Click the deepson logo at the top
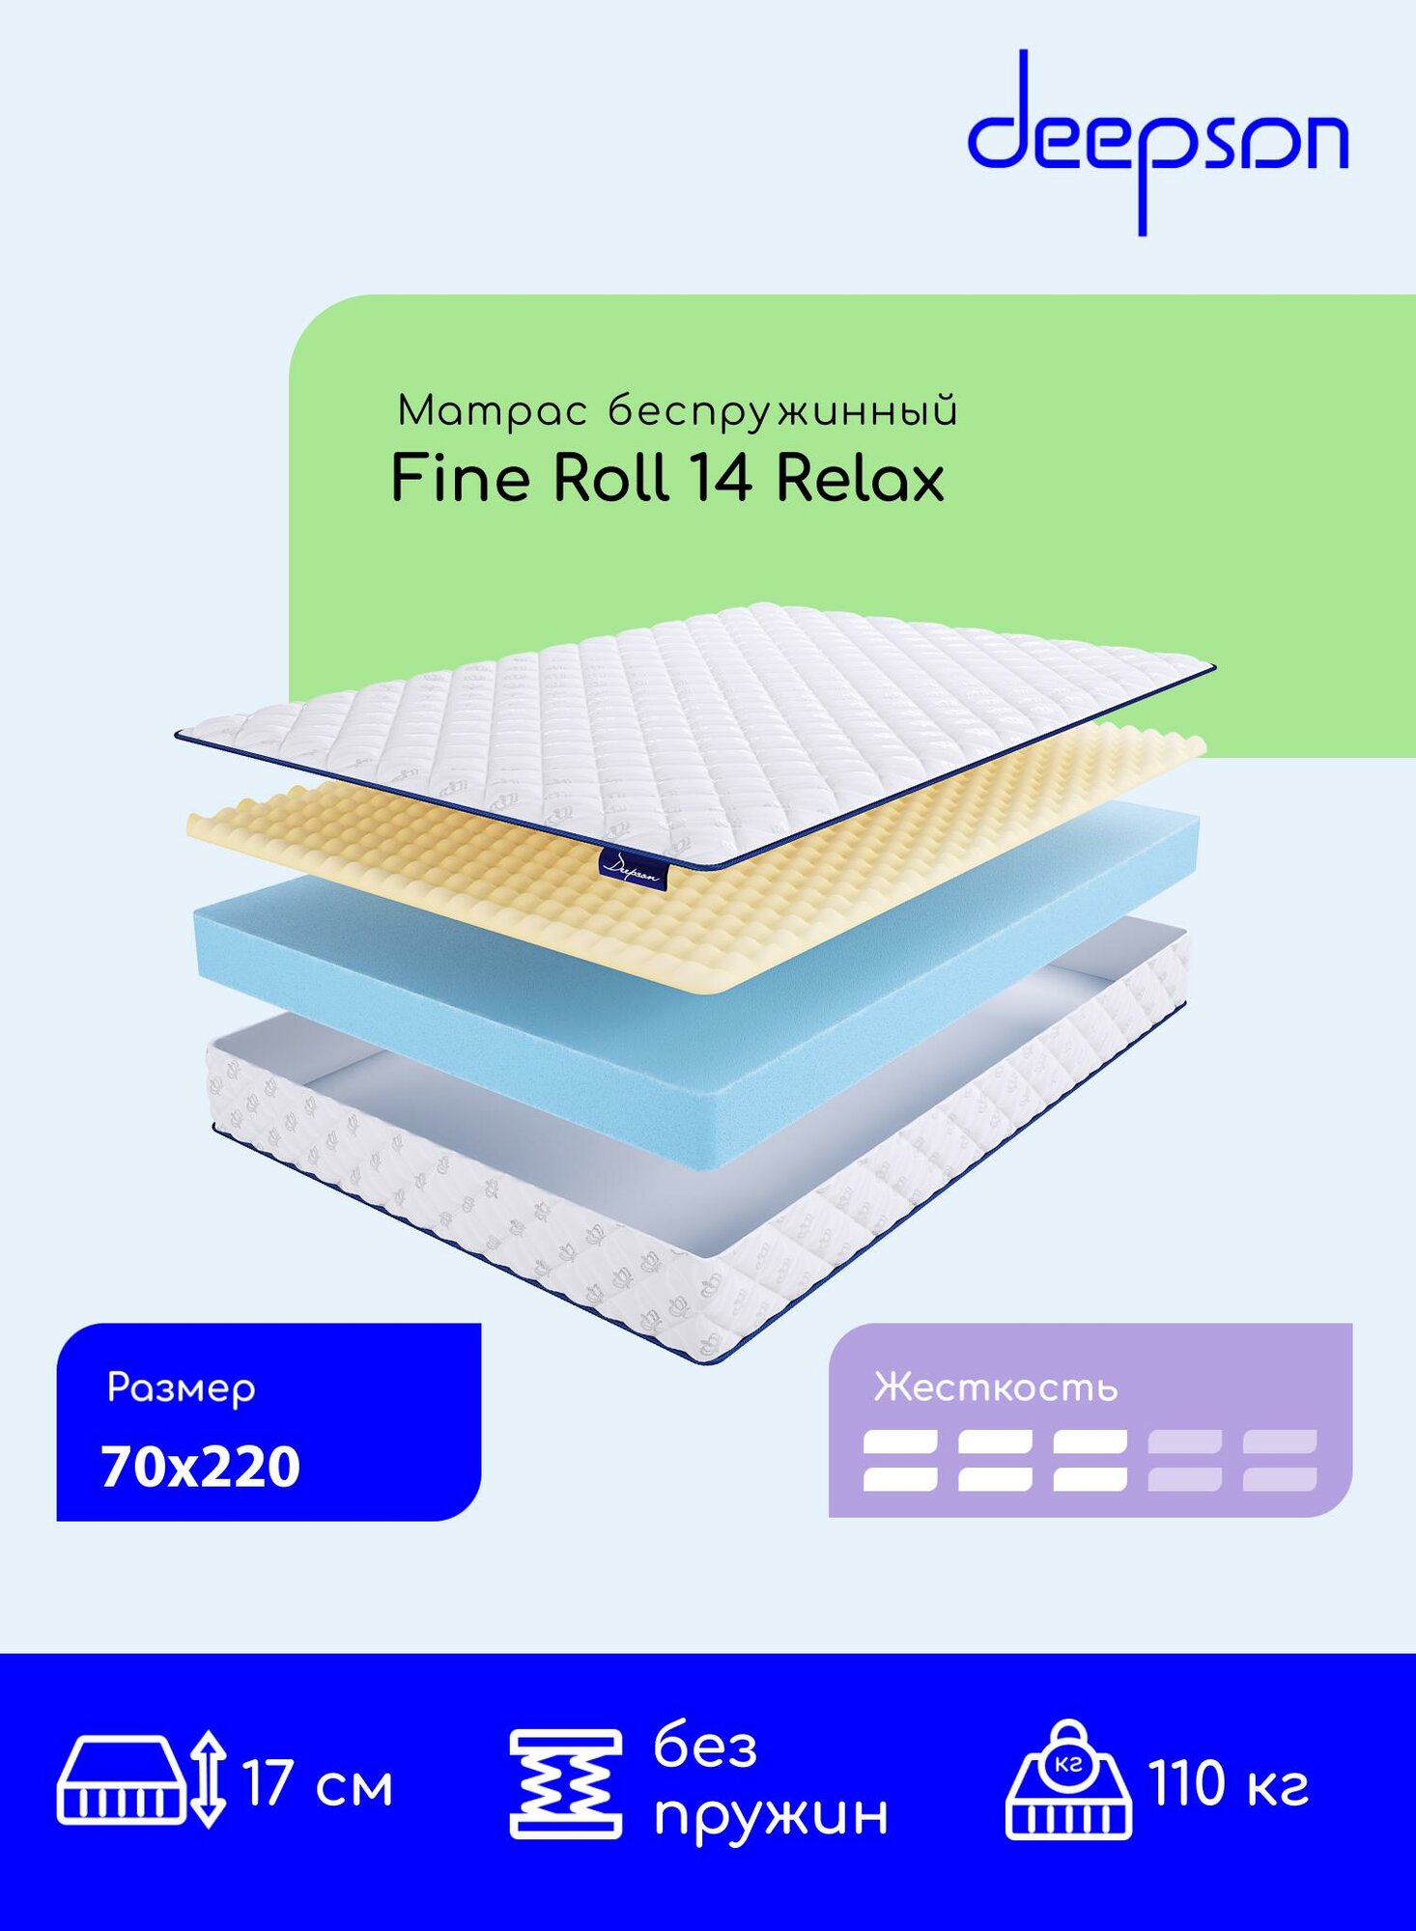click(x=1157, y=143)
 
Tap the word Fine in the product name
click(x=460, y=479)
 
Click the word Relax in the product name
click(x=859, y=479)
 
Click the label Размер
click(x=181, y=1388)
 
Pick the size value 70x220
click(x=201, y=1468)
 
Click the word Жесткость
click(x=995, y=1388)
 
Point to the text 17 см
click(x=318, y=1784)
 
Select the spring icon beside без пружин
click(x=566, y=1784)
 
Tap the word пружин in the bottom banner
click(x=771, y=1815)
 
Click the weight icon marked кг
click(x=1069, y=1781)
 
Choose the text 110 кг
click(x=1228, y=1783)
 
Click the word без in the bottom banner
click(x=705, y=1748)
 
